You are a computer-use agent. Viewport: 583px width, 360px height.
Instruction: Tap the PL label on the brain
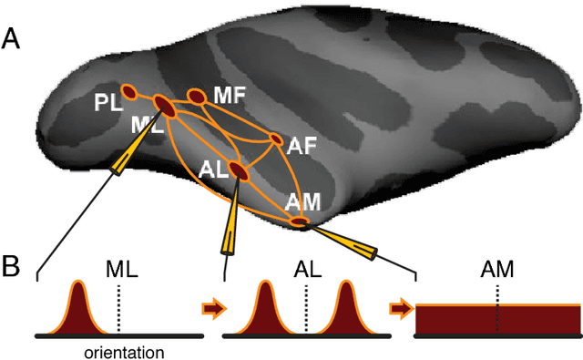[107, 103]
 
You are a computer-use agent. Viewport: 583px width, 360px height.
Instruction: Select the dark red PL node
[128, 92]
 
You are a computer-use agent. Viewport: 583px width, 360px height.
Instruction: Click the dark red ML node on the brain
[165, 107]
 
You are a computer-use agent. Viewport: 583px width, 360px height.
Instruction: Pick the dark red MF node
[197, 96]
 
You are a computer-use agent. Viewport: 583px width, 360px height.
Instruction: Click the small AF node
[276, 139]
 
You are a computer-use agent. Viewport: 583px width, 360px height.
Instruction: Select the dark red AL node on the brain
[238, 170]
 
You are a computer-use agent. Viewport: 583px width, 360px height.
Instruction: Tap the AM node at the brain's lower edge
[299, 221]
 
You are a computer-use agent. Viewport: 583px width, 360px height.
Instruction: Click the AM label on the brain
[302, 201]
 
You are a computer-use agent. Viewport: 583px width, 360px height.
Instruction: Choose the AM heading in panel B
[496, 270]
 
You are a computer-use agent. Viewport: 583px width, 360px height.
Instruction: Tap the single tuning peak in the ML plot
[77, 310]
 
